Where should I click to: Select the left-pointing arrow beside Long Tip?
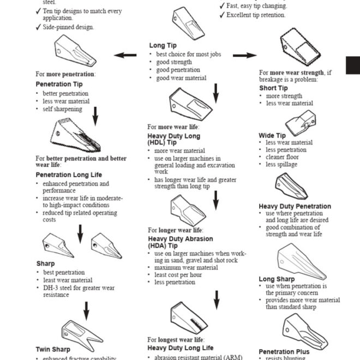pos(125,55)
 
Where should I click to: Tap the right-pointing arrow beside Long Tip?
pos(244,55)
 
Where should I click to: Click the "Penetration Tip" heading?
pos(59,85)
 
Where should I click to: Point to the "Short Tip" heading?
pos(273,88)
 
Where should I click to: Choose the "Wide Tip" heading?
pos(272,135)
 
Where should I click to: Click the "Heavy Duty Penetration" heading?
pos(295,206)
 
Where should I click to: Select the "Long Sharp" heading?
pos(277,279)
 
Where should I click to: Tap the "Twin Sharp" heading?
pos(53,349)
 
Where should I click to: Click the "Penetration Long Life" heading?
pos(69,175)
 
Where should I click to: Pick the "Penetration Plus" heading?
pos(284,352)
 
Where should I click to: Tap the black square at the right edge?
pos(353,65)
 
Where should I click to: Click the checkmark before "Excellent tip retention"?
pos(222,15)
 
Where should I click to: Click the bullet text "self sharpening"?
pos(63,109)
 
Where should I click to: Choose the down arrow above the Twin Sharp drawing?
pos(86,311)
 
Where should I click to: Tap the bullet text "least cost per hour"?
pos(178,275)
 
